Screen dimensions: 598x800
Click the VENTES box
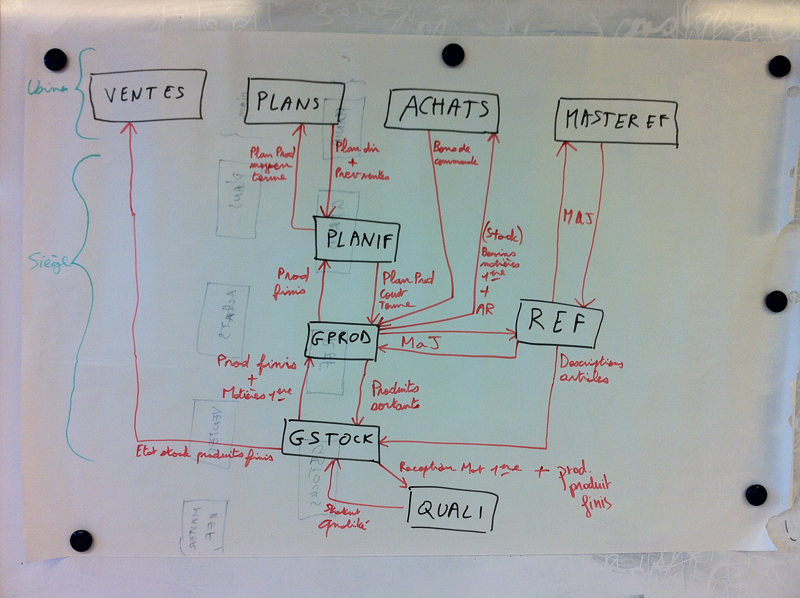pyautogui.click(x=147, y=95)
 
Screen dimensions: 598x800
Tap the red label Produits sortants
pyautogui.click(x=395, y=397)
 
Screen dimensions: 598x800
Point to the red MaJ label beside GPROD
pyautogui.click(x=420, y=343)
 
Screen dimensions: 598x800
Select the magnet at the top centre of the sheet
pyautogui.click(x=453, y=55)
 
